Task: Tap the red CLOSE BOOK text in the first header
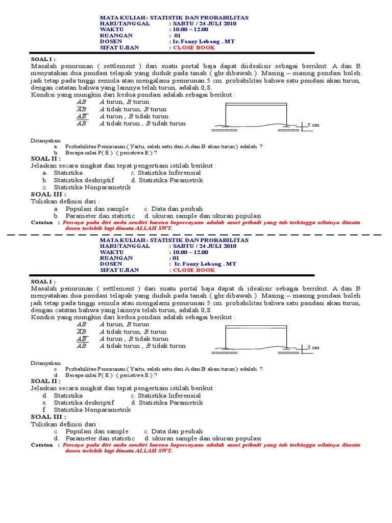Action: [194, 47]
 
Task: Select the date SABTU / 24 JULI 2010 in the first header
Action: [205, 23]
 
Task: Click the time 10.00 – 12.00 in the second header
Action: [190, 252]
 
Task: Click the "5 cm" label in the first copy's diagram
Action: [312, 125]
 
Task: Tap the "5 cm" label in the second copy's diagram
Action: [312, 347]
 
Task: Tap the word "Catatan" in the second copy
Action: [42, 445]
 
